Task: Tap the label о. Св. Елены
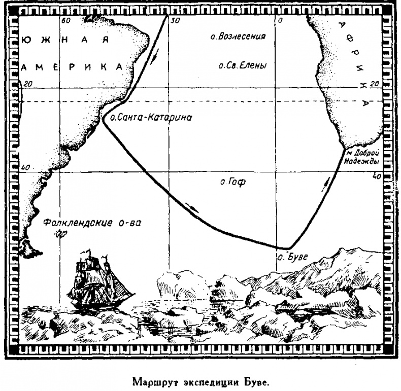pos(242,65)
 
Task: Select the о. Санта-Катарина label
pos(148,118)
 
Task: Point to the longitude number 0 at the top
pos(279,21)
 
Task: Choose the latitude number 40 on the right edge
pos(376,176)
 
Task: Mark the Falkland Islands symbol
pos(61,233)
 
